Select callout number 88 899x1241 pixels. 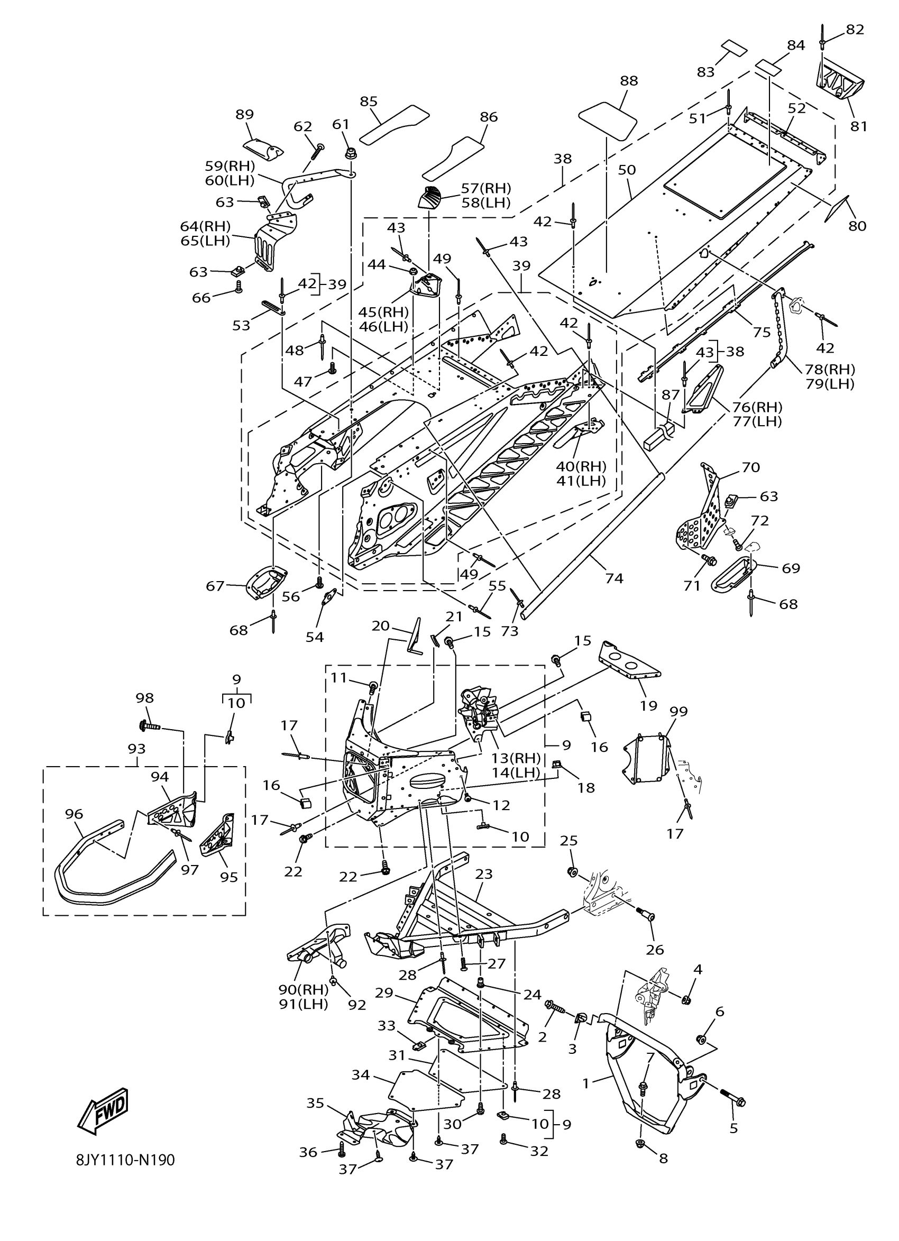click(629, 80)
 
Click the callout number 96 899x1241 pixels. click(75, 814)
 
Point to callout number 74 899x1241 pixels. click(614, 578)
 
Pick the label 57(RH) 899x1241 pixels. click(486, 188)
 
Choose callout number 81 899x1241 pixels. click(858, 126)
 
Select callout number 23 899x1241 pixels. click(484, 874)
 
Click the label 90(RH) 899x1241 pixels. click(302, 989)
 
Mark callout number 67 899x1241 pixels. click(215, 586)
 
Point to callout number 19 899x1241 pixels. click(648, 705)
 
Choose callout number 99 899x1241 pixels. click(678, 711)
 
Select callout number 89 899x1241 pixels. click(245, 114)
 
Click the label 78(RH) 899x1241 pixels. click(830, 370)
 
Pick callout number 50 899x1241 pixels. click(627, 170)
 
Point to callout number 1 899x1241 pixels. click(585, 1083)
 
